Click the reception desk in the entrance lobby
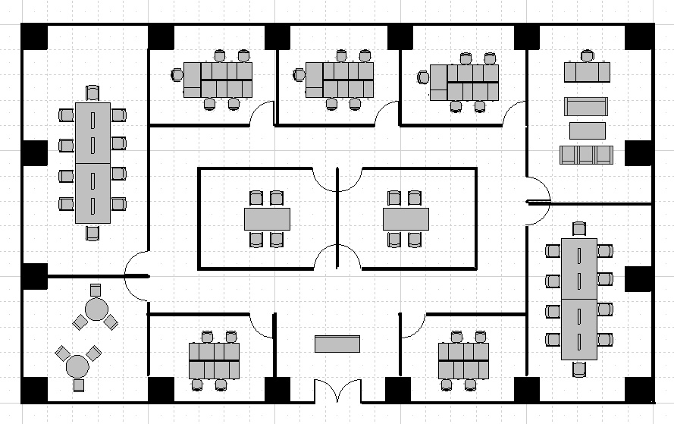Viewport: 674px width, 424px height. click(x=337, y=344)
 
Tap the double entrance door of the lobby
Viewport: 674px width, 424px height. click(x=337, y=392)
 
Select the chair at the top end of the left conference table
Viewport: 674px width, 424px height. click(x=92, y=93)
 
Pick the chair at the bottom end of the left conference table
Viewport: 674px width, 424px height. click(x=92, y=232)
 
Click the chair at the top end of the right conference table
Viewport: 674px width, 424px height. click(x=579, y=229)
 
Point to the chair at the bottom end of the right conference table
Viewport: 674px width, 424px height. click(x=579, y=369)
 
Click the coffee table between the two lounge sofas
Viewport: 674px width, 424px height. click(x=587, y=130)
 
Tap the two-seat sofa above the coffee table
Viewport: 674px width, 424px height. click(x=586, y=106)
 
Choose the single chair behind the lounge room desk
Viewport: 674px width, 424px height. click(x=587, y=56)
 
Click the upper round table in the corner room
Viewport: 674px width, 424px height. click(x=96, y=309)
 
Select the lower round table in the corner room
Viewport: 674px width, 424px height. click(x=78, y=366)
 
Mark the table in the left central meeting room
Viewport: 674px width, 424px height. click(x=267, y=219)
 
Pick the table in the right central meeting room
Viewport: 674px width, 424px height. click(x=406, y=219)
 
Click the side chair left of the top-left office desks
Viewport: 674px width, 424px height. click(x=177, y=74)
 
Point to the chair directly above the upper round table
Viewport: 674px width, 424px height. click(x=96, y=290)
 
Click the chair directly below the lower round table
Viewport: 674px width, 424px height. click(x=79, y=385)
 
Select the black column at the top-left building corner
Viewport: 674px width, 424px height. click(x=34, y=37)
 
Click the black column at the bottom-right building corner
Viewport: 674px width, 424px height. click(x=639, y=389)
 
